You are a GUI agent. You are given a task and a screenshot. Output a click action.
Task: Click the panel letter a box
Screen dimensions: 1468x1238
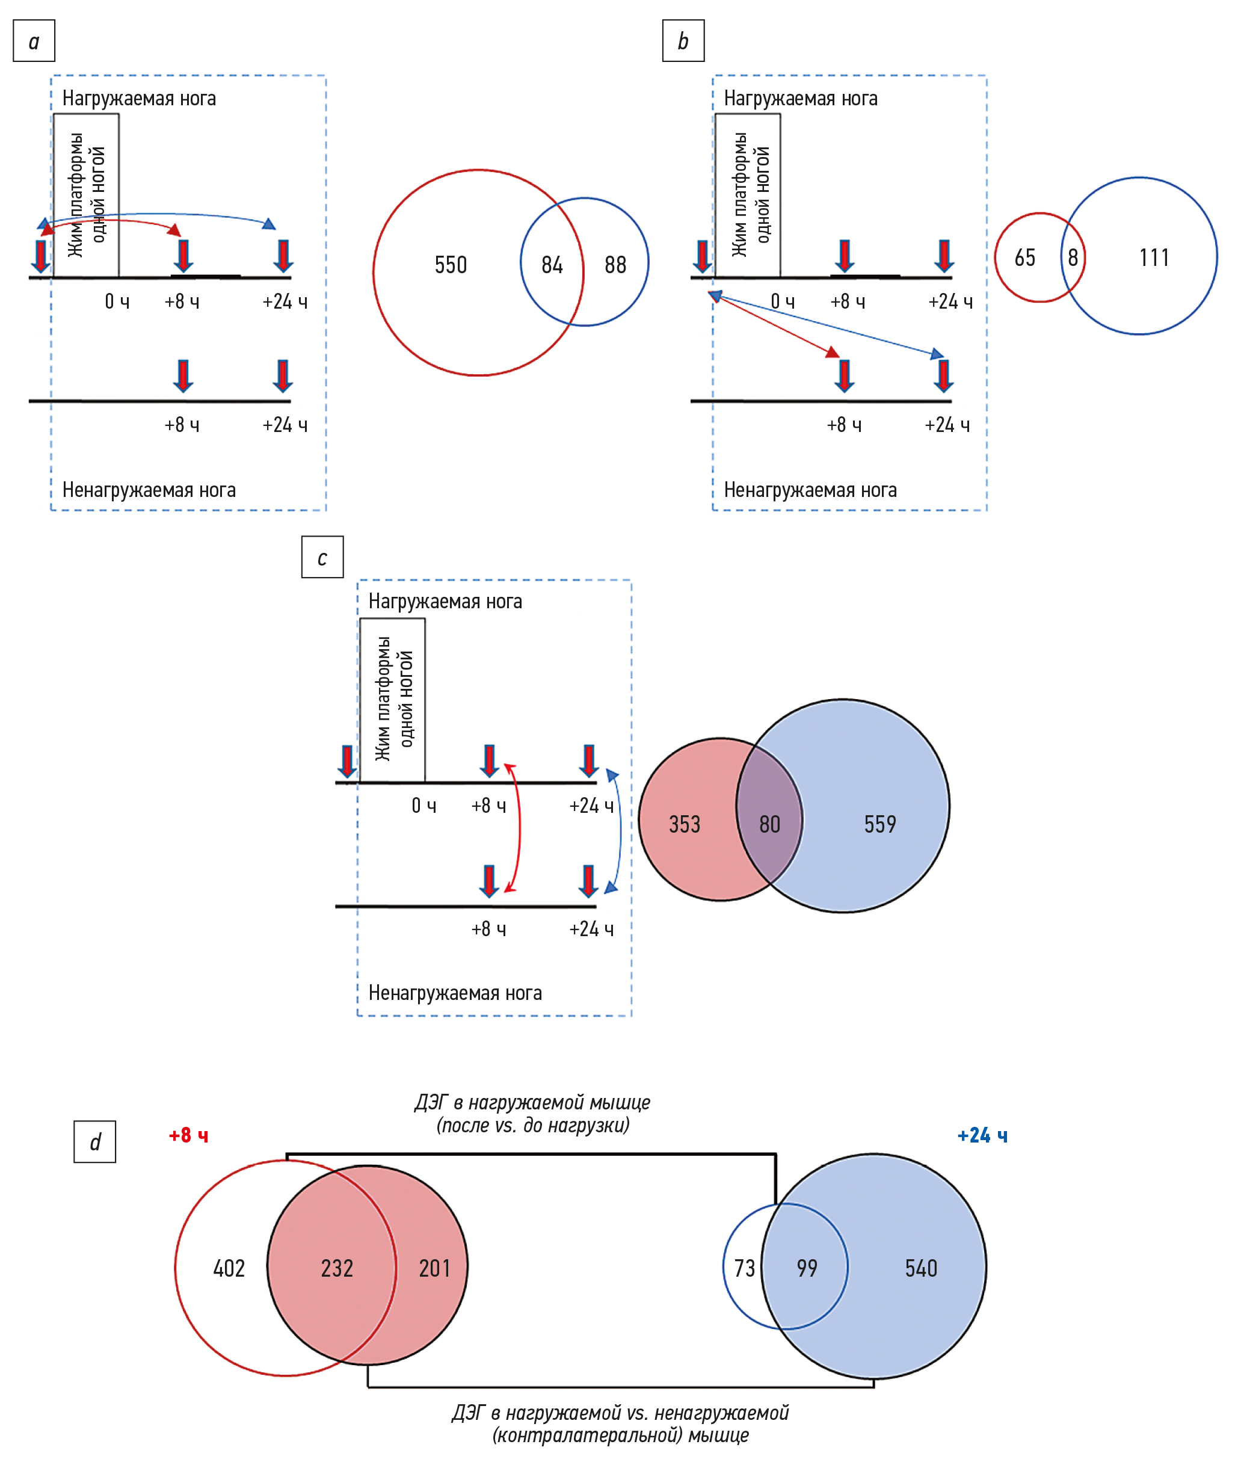[x=34, y=42]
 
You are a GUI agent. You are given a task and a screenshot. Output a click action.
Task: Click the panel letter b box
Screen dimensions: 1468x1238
[x=683, y=42]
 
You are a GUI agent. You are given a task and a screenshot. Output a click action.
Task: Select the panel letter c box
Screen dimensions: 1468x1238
[x=322, y=558]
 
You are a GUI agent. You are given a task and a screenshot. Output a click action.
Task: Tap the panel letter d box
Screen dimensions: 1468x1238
[x=95, y=1143]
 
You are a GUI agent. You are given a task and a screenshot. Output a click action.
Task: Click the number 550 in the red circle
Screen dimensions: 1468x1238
[x=451, y=265]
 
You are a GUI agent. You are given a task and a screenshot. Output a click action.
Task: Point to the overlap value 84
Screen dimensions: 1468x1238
[x=552, y=265]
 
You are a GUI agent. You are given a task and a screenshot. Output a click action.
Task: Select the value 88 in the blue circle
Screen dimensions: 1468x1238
[x=615, y=265]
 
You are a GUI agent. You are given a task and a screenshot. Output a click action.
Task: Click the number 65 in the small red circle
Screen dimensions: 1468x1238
[x=1024, y=258]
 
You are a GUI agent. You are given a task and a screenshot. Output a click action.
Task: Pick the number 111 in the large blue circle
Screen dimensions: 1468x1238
[x=1154, y=258]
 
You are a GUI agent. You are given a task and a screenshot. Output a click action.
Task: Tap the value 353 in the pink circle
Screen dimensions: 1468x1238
[x=685, y=824]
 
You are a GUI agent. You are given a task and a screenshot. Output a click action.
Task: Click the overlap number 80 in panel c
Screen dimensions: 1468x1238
[x=770, y=824]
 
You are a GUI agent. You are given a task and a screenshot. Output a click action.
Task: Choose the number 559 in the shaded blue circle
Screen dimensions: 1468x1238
[x=880, y=824]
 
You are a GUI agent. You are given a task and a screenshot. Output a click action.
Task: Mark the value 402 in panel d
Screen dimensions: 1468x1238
[x=229, y=1268]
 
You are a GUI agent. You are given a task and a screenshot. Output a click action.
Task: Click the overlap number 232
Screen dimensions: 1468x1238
[x=337, y=1268]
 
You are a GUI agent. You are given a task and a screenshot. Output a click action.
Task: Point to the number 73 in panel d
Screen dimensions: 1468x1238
[x=745, y=1268]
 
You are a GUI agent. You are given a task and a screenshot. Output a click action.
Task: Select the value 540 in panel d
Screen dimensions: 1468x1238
[x=921, y=1268]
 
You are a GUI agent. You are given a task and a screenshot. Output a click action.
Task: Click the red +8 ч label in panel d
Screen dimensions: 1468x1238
[x=189, y=1135]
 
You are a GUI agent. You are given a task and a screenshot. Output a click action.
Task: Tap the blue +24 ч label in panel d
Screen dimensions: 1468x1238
[x=982, y=1135]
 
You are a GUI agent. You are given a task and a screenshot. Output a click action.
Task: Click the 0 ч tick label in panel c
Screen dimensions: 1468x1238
[x=424, y=806]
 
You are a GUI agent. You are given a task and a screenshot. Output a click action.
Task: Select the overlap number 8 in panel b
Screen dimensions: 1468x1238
[x=1073, y=258]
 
